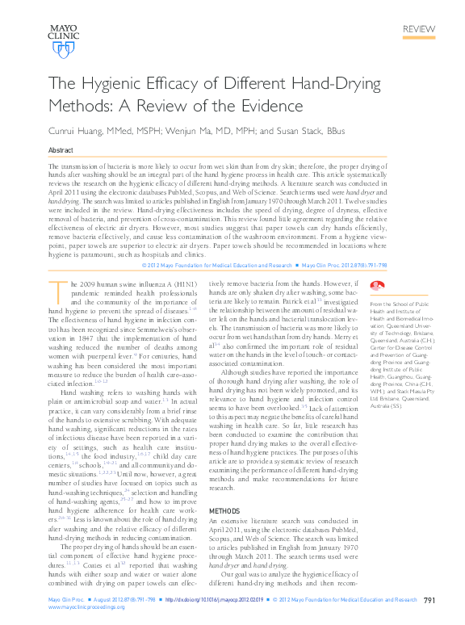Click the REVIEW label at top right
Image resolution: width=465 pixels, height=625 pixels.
pyautogui.click(x=420, y=29)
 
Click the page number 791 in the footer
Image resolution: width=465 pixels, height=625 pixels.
pyautogui.click(x=429, y=600)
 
